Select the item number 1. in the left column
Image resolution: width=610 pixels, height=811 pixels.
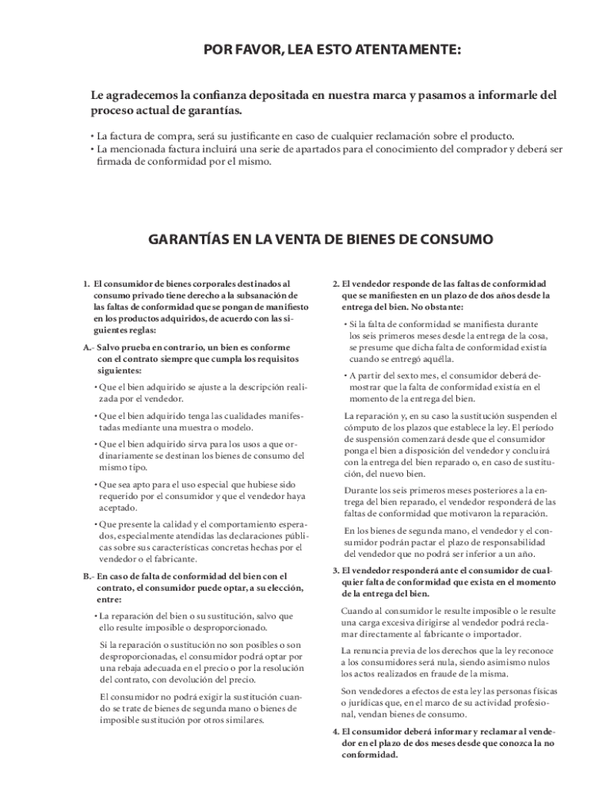[x=86, y=283]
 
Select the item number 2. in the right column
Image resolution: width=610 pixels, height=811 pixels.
[x=335, y=283]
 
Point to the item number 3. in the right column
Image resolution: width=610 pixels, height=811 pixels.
[x=335, y=570]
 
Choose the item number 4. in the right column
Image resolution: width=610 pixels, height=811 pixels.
[x=335, y=732]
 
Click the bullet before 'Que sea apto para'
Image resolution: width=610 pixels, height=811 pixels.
[x=95, y=484]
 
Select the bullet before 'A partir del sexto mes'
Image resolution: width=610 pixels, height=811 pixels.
[x=345, y=375]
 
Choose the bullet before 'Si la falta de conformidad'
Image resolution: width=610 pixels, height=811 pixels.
[x=345, y=325]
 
